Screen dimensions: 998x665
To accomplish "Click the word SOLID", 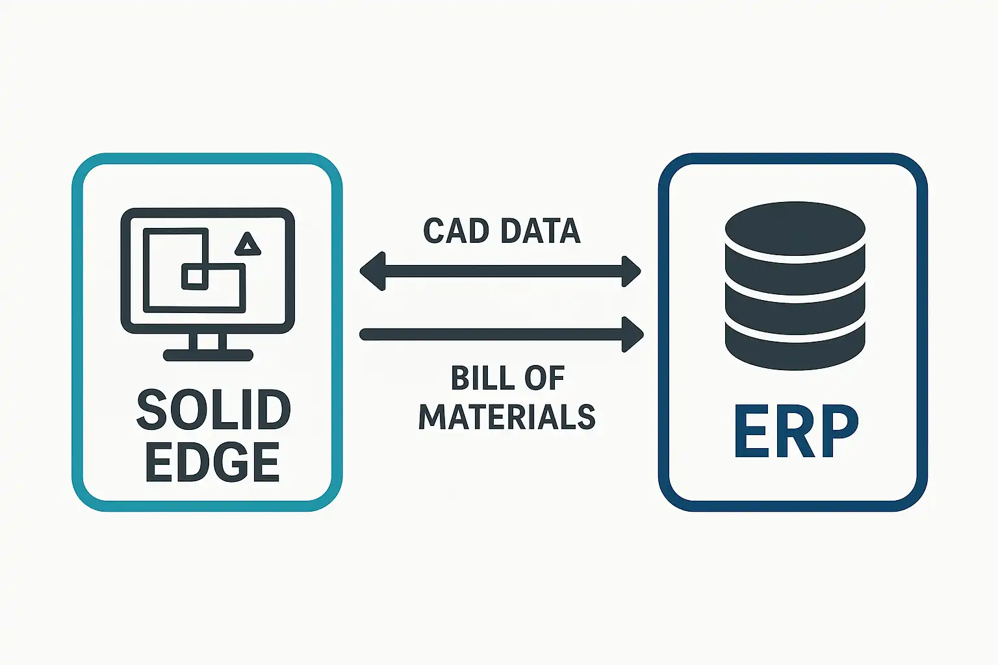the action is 213,410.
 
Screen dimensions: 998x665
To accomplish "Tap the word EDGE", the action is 212,462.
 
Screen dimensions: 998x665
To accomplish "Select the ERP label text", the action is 796,431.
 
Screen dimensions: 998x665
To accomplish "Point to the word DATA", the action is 541,231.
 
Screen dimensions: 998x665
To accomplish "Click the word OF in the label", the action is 545,378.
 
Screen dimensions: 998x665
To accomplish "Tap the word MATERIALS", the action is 507,416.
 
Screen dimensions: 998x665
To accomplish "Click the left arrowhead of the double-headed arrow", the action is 372,271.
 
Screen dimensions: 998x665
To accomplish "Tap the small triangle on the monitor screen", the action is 248,244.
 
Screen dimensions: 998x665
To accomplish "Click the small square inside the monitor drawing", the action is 195,277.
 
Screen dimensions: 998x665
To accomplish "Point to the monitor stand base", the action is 208,355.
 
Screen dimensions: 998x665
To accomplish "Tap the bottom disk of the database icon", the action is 795,346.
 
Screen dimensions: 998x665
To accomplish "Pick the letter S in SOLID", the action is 151,410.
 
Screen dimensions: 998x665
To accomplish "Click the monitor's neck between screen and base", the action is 208,341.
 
